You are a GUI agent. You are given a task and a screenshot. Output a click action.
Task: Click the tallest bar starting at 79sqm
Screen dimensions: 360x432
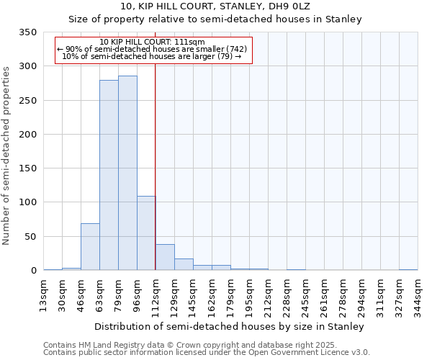coord(127,173)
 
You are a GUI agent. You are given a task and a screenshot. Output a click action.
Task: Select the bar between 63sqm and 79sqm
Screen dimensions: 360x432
coord(109,175)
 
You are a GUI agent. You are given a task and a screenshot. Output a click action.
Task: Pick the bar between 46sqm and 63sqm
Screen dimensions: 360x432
coord(90,246)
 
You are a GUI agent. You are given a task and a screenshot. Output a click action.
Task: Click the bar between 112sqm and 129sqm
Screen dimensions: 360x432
coord(165,257)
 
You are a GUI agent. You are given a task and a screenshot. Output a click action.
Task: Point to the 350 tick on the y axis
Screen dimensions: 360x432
coord(28,32)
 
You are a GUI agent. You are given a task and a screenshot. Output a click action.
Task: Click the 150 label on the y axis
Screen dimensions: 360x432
coord(28,168)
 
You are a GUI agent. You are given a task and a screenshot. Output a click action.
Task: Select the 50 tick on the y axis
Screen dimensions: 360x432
coord(31,236)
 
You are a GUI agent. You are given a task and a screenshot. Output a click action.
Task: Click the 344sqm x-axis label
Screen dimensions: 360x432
coord(418,294)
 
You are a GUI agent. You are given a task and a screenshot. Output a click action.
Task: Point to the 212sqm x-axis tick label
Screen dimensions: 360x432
coord(269,294)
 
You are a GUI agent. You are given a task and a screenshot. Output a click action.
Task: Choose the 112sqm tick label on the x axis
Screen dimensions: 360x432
coord(156,294)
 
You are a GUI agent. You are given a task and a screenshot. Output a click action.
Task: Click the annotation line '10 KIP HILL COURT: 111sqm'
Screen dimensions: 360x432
coord(152,42)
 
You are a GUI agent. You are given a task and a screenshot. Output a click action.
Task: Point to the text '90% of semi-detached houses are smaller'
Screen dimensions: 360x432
coord(152,49)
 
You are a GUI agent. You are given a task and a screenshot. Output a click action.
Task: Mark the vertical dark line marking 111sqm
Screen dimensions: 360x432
coord(155,166)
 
